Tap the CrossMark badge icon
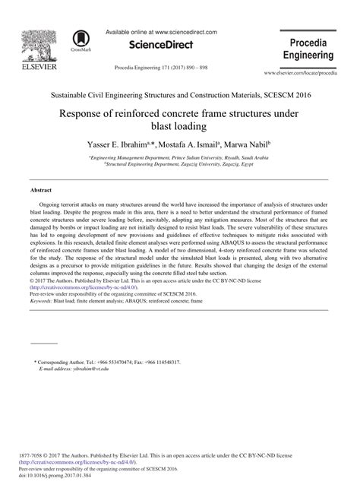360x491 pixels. (80, 41)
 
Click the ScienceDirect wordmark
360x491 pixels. (161, 47)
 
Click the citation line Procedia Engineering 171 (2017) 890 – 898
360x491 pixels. (161, 67)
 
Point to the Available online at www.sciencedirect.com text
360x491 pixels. (161, 33)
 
